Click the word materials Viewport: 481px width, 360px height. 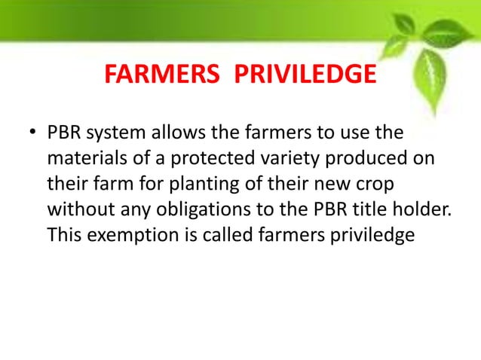click(82, 160)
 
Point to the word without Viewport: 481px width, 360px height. click(78, 210)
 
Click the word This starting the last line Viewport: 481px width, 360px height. click(63, 235)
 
